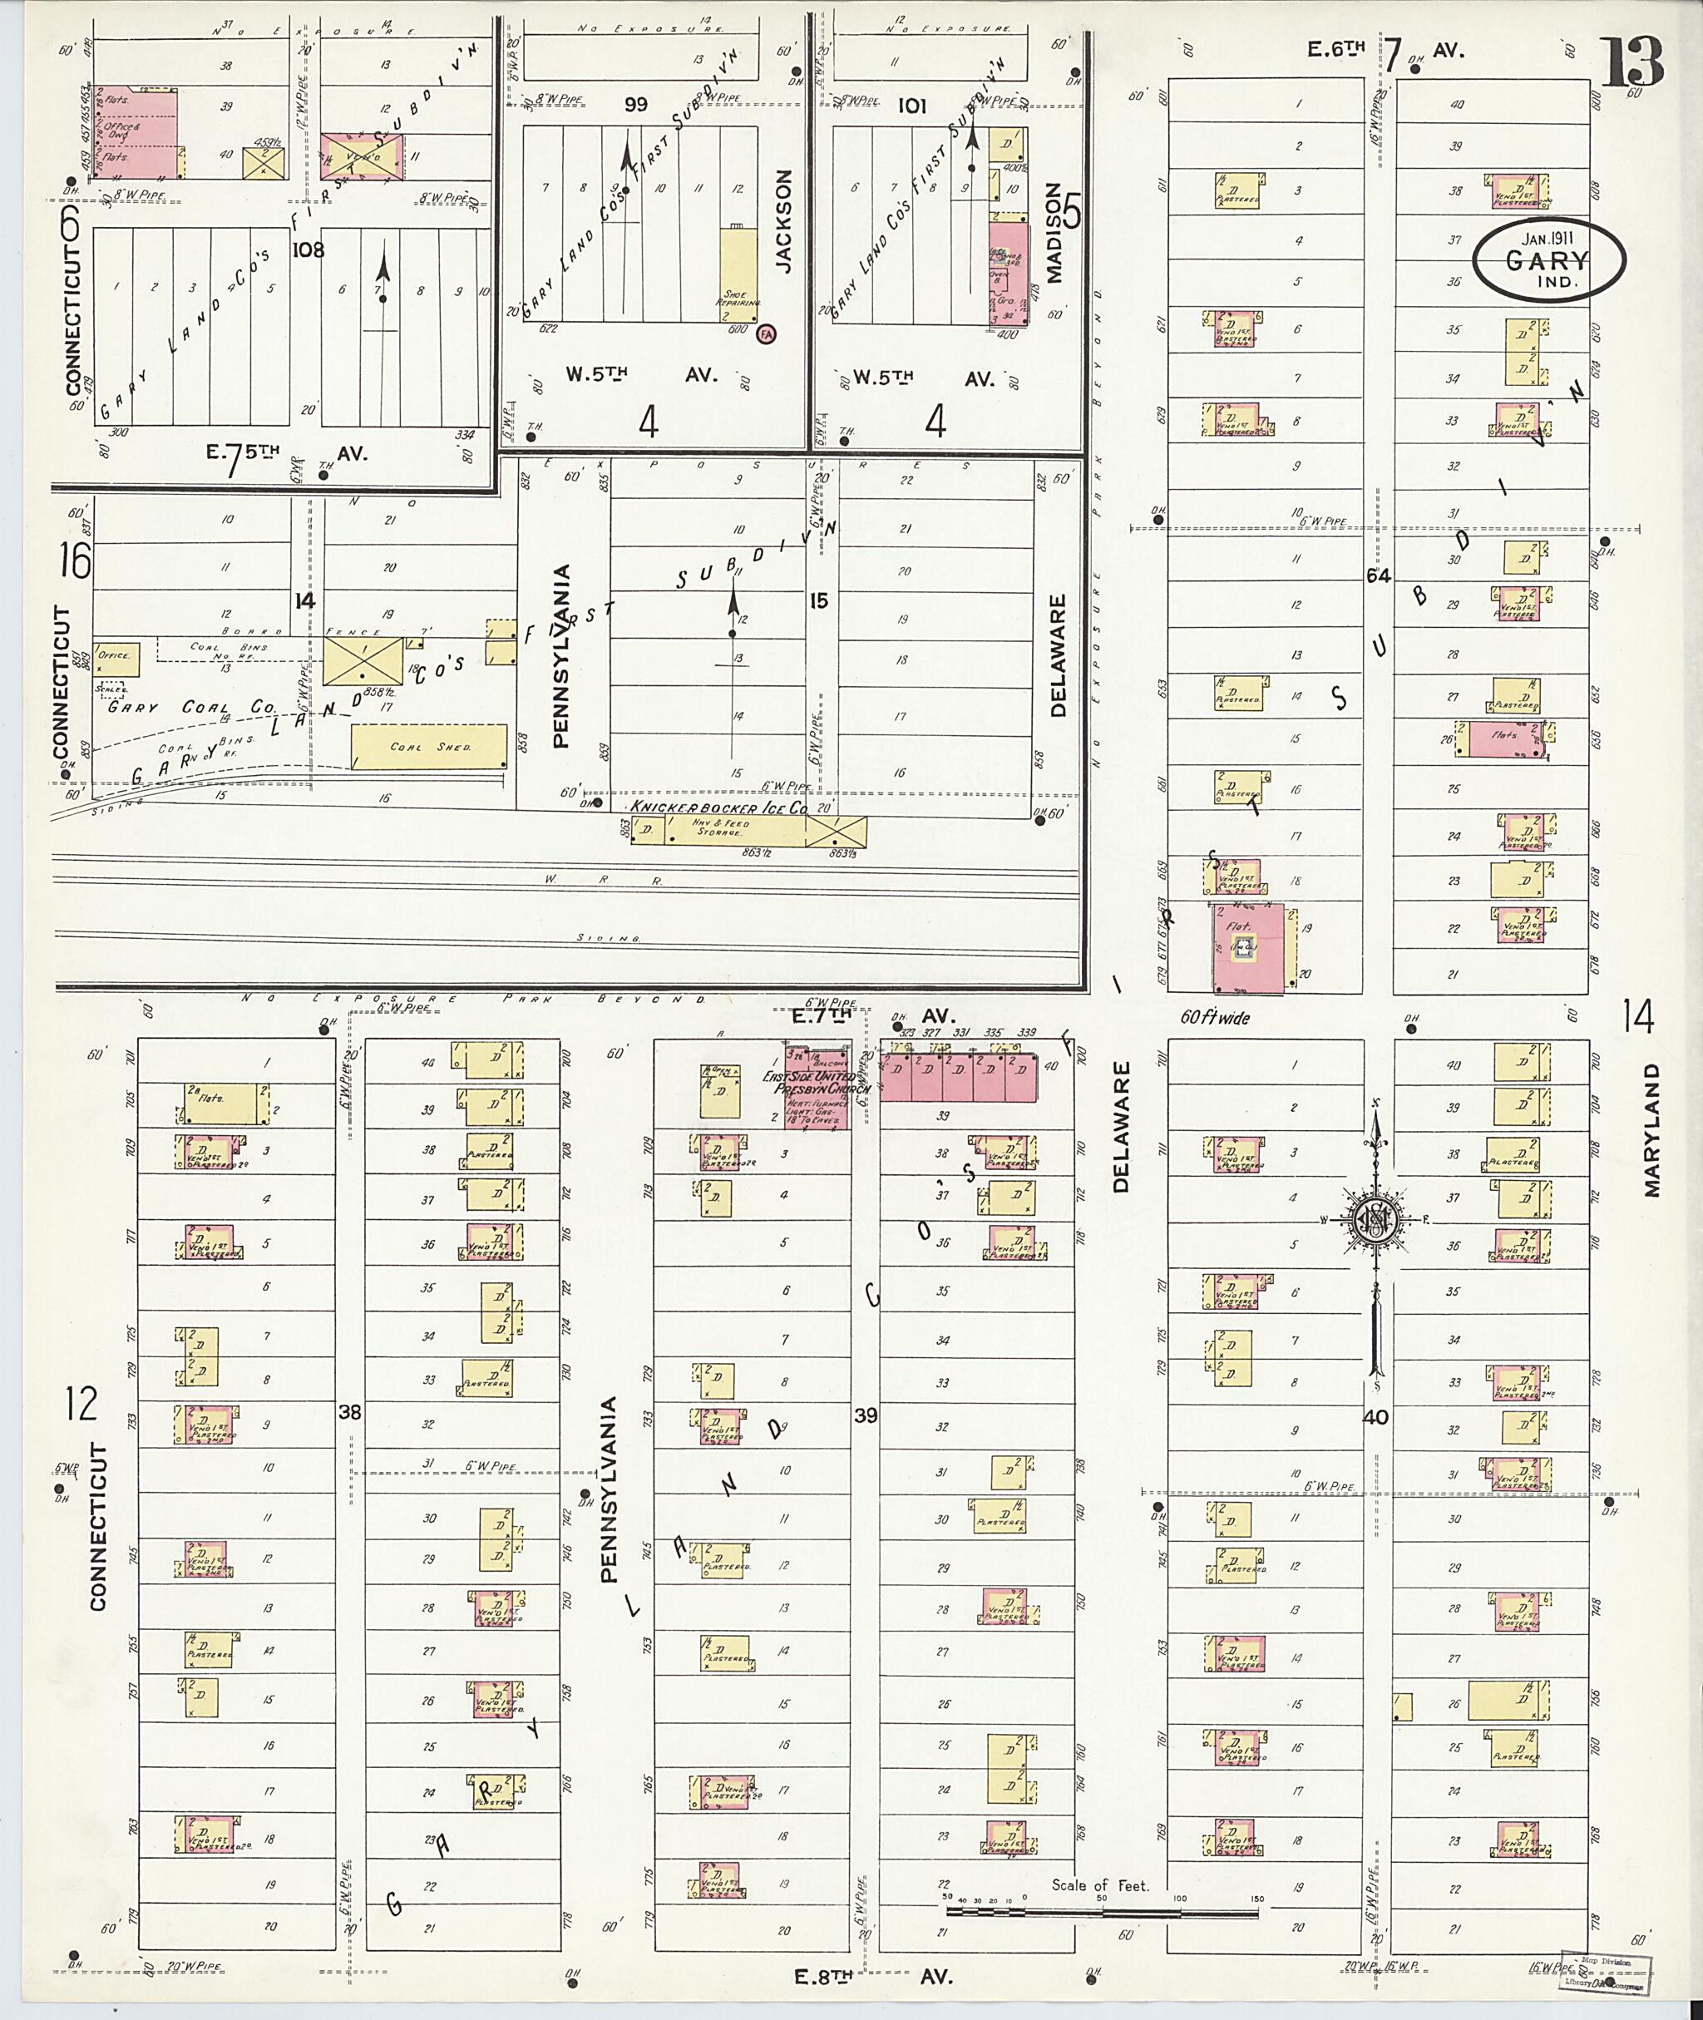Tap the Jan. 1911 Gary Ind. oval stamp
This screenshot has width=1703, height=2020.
1548,259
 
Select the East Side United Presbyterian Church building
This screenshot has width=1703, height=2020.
816,1087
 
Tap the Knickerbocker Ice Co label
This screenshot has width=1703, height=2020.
718,808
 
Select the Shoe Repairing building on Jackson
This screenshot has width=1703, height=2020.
738,276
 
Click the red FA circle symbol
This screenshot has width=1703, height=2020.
768,333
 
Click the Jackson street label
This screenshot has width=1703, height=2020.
783,221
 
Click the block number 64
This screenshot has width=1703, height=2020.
1378,576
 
